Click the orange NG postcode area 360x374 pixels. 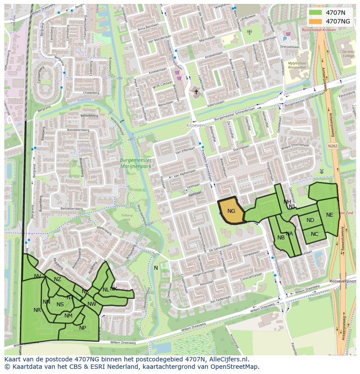coord(231,211)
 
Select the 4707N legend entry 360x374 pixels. coord(338,13)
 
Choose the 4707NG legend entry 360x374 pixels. coord(338,21)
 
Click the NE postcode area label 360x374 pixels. coord(330,215)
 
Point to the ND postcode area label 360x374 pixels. coord(310,220)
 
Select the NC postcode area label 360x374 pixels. coord(314,234)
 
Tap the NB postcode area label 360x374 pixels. coord(281,238)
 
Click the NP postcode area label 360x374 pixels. coord(83,328)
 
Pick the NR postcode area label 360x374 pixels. coord(37,310)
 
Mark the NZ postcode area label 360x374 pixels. coord(57,279)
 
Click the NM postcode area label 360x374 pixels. coord(68,316)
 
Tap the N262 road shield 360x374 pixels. coord(333,146)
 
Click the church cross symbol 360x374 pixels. coord(196,92)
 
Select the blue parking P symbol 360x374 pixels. coord(285,39)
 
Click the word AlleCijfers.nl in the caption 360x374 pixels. coord(227,359)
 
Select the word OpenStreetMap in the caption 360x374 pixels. coord(237,367)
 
